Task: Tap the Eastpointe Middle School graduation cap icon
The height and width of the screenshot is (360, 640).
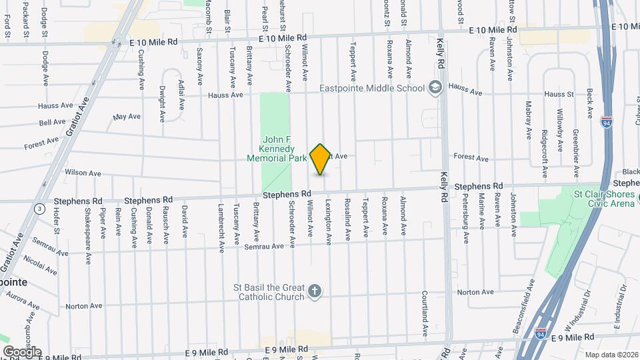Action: click(x=435, y=88)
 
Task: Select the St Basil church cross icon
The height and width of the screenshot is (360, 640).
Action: click(x=315, y=292)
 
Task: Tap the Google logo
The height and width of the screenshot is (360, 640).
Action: click(x=22, y=351)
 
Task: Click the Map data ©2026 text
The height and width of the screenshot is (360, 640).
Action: click(x=611, y=355)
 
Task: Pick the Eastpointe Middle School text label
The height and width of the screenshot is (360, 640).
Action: click(x=372, y=88)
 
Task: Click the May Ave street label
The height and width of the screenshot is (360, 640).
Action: click(x=127, y=117)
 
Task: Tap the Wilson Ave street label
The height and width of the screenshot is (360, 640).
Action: click(x=83, y=173)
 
